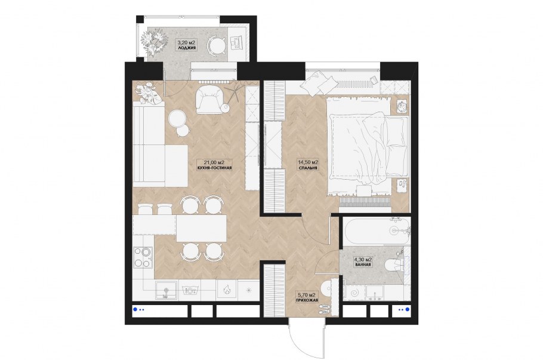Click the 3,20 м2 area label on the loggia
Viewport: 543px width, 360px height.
click(186, 42)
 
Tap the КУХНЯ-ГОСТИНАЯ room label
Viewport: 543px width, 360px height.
click(214, 168)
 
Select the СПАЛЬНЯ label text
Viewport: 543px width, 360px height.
click(308, 168)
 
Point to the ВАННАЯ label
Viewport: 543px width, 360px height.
click(363, 264)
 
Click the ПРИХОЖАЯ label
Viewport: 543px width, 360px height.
click(307, 300)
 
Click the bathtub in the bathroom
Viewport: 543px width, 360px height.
click(377, 230)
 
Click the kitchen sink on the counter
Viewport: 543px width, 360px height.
click(166, 290)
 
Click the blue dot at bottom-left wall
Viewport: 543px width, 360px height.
click(135, 309)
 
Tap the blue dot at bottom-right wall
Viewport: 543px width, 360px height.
click(407, 309)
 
